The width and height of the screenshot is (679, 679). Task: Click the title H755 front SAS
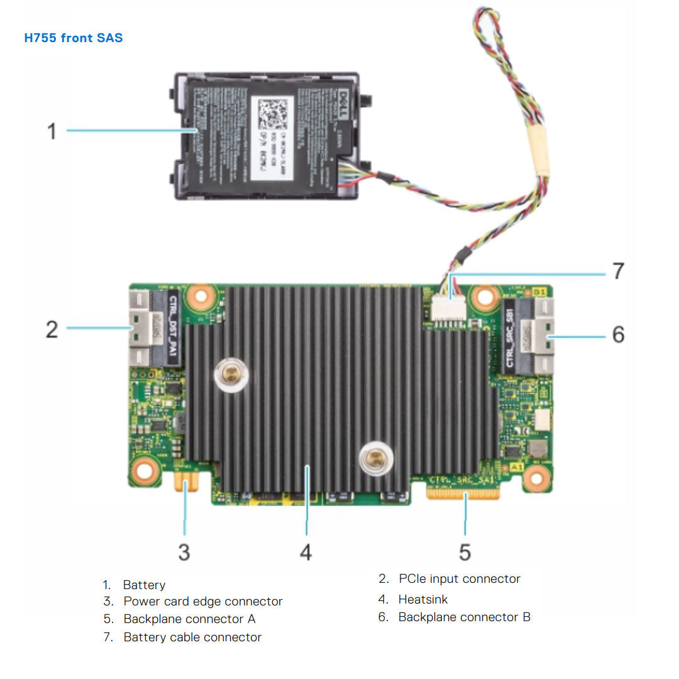(74, 38)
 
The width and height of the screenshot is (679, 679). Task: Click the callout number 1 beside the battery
(52, 131)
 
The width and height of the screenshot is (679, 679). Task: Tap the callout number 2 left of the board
(52, 328)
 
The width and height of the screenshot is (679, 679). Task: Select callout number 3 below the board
(184, 552)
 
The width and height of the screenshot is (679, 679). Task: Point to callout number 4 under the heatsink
(306, 552)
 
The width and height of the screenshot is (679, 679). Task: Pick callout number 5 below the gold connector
(465, 552)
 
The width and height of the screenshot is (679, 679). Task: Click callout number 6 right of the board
(618, 334)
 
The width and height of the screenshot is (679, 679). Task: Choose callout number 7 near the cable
(618, 271)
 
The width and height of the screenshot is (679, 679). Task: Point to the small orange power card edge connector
(185, 483)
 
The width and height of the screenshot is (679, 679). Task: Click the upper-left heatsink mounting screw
(231, 375)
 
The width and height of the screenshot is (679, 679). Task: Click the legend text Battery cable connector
(192, 637)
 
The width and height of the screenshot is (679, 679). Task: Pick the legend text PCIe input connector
(459, 578)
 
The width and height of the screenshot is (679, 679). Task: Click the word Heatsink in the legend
(423, 599)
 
